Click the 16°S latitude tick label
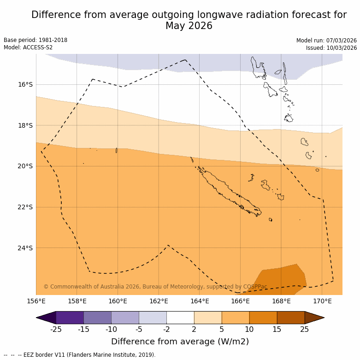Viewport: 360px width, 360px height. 25,84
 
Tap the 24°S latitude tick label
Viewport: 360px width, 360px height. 25,248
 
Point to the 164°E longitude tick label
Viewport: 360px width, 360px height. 200,301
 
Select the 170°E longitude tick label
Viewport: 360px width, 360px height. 322,301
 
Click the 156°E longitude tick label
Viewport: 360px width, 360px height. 36,301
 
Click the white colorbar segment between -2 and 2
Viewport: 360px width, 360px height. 180,318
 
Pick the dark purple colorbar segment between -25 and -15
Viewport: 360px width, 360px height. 70,318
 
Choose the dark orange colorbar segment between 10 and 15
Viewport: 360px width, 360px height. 263,318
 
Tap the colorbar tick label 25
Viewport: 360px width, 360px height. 305,329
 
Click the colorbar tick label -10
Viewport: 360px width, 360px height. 111,329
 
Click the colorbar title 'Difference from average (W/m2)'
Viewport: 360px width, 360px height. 180,342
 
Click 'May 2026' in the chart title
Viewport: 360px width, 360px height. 189,26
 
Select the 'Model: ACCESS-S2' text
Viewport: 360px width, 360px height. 28,47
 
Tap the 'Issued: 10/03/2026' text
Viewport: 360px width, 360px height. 331,47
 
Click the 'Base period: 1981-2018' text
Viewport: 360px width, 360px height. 35,40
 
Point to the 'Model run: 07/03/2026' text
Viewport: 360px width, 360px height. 326,40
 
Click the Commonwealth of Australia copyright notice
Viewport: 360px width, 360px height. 155,287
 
